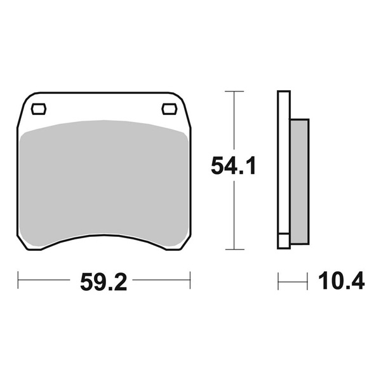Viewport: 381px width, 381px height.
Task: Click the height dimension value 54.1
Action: click(233, 167)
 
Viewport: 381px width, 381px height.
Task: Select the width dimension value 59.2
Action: click(104, 281)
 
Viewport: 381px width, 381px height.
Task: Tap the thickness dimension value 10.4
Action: click(342, 280)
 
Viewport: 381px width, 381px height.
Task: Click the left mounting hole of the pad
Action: click(39, 109)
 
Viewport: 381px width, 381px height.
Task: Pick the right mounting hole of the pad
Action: click(170, 109)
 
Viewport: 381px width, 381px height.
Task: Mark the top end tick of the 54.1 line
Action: click(235, 92)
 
